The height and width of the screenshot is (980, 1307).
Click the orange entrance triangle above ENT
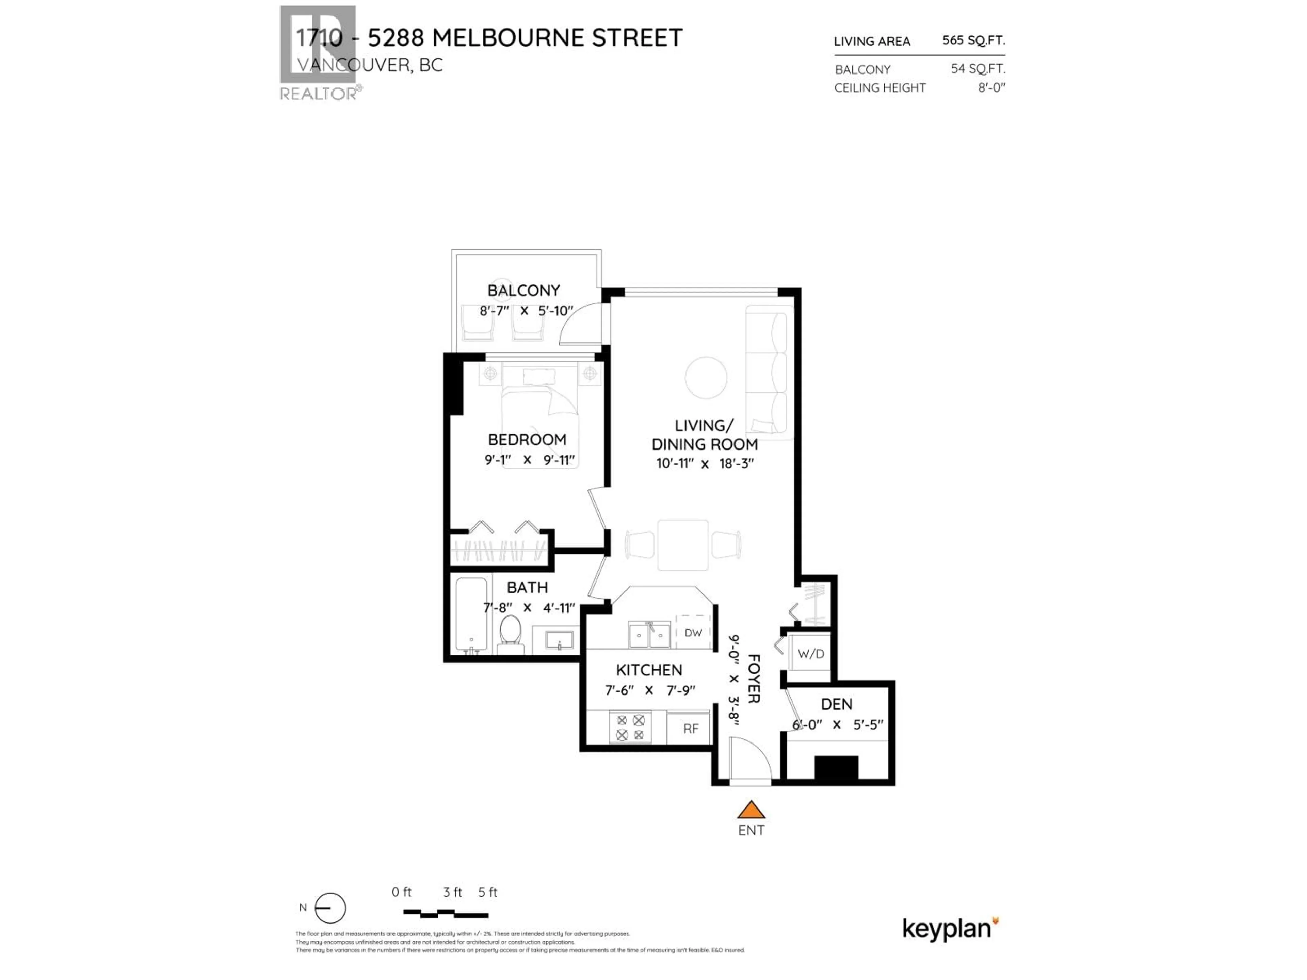(x=751, y=810)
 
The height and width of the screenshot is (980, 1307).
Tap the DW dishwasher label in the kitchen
(x=693, y=633)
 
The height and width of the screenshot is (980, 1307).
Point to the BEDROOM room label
(x=527, y=440)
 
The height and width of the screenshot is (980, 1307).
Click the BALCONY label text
(x=523, y=291)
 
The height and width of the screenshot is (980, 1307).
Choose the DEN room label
(x=836, y=704)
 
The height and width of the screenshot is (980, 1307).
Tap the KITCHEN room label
(x=649, y=670)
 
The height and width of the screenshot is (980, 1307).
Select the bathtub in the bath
(x=471, y=614)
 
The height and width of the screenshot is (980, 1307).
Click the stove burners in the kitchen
(x=630, y=727)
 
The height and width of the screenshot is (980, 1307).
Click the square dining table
(x=683, y=545)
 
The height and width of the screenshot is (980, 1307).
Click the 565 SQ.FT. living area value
(x=973, y=40)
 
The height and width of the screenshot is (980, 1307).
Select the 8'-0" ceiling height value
(x=991, y=87)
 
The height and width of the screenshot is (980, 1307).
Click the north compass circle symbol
(x=330, y=908)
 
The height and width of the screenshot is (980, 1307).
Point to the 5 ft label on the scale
(x=487, y=892)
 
